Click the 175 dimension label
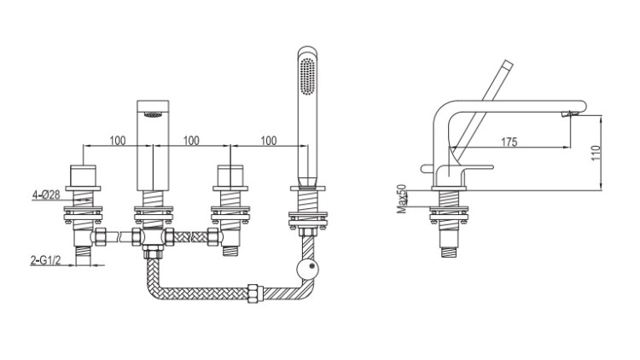point(509,142)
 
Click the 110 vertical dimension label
point(596,153)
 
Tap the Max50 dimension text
point(402,199)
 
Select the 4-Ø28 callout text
point(46,195)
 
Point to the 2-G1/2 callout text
point(45,260)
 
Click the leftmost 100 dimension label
point(118,141)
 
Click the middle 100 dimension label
point(191,141)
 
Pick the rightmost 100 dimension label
point(269,141)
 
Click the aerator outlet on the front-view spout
point(153,115)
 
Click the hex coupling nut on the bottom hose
point(255,293)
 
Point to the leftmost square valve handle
point(83,176)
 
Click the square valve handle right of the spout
point(230,176)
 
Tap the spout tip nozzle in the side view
point(568,113)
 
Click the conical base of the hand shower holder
point(307,182)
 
